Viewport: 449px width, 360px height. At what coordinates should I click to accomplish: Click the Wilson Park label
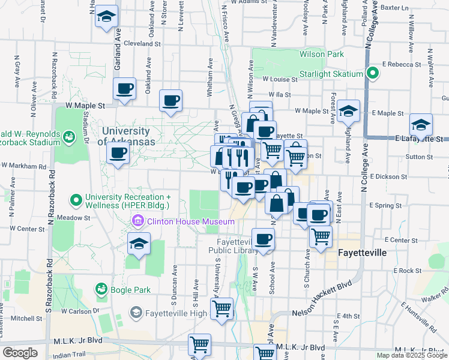[322, 54]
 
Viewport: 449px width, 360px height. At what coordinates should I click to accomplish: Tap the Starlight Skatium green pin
[372, 74]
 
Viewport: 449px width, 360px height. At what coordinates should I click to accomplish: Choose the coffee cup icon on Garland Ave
[125, 89]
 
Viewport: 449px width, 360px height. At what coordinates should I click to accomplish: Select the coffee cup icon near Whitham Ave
[170, 100]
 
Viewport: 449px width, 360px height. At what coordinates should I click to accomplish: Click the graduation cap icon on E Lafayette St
[421, 125]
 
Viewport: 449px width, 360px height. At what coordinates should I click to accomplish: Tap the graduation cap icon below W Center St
[139, 244]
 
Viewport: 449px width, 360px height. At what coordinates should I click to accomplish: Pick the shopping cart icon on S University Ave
[221, 308]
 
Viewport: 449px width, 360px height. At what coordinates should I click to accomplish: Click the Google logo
[20, 353]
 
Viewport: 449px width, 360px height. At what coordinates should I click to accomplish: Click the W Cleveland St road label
[142, 44]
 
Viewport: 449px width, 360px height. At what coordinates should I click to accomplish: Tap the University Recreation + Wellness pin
[76, 199]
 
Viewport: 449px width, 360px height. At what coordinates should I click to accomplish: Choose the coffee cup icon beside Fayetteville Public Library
[263, 239]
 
